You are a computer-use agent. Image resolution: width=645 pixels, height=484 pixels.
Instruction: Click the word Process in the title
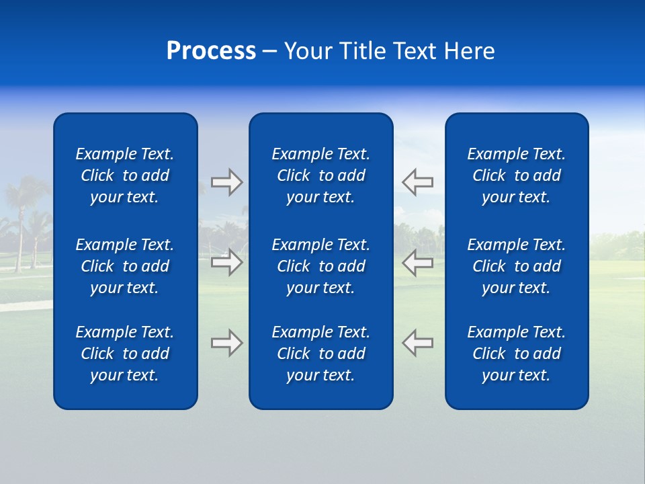coord(211,51)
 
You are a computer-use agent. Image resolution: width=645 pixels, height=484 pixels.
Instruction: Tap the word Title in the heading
coord(361,51)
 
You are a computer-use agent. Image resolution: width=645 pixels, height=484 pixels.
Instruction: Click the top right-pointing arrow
coord(226,182)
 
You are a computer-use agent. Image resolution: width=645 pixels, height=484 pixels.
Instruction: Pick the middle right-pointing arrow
coord(226,262)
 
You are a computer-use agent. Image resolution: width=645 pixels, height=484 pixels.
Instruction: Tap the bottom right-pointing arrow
coord(226,343)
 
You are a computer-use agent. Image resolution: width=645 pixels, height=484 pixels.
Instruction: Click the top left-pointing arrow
coord(418,182)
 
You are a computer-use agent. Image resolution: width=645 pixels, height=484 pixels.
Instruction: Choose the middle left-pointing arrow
coord(418,262)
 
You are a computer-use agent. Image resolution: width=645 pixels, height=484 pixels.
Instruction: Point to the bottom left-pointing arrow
coord(418,343)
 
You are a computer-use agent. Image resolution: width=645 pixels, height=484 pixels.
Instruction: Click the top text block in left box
coord(125,175)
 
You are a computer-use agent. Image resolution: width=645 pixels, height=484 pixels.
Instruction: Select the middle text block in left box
coord(125,266)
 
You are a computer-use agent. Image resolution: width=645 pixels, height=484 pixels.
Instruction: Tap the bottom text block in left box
coord(125,354)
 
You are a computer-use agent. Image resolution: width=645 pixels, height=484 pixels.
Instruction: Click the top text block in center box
coord(320,175)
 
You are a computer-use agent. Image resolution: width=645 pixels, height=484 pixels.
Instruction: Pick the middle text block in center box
coord(320,266)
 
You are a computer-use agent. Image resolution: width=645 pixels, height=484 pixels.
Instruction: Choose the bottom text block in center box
coord(320,354)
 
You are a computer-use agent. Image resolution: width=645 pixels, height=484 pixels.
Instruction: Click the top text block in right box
coord(516,175)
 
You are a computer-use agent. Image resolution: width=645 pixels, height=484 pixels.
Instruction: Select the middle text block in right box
coord(516,266)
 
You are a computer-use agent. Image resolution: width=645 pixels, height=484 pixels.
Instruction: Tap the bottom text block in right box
coord(516,354)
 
